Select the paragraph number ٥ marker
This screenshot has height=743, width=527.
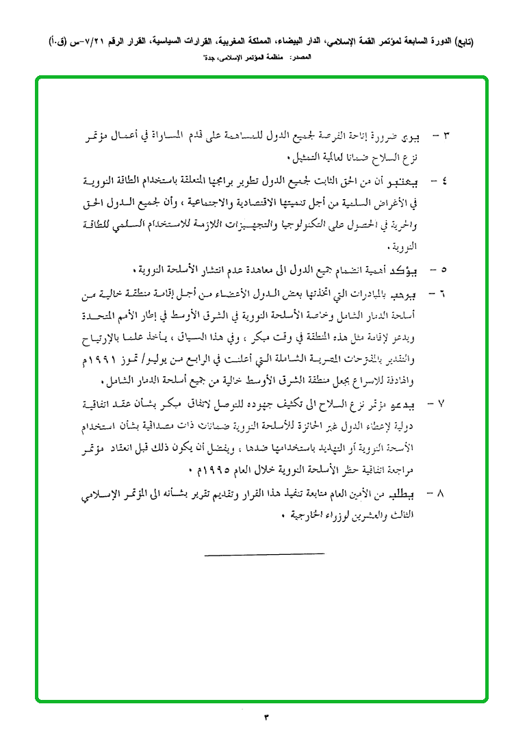click(x=446, y=268)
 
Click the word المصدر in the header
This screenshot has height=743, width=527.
click(x=300, y=60)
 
